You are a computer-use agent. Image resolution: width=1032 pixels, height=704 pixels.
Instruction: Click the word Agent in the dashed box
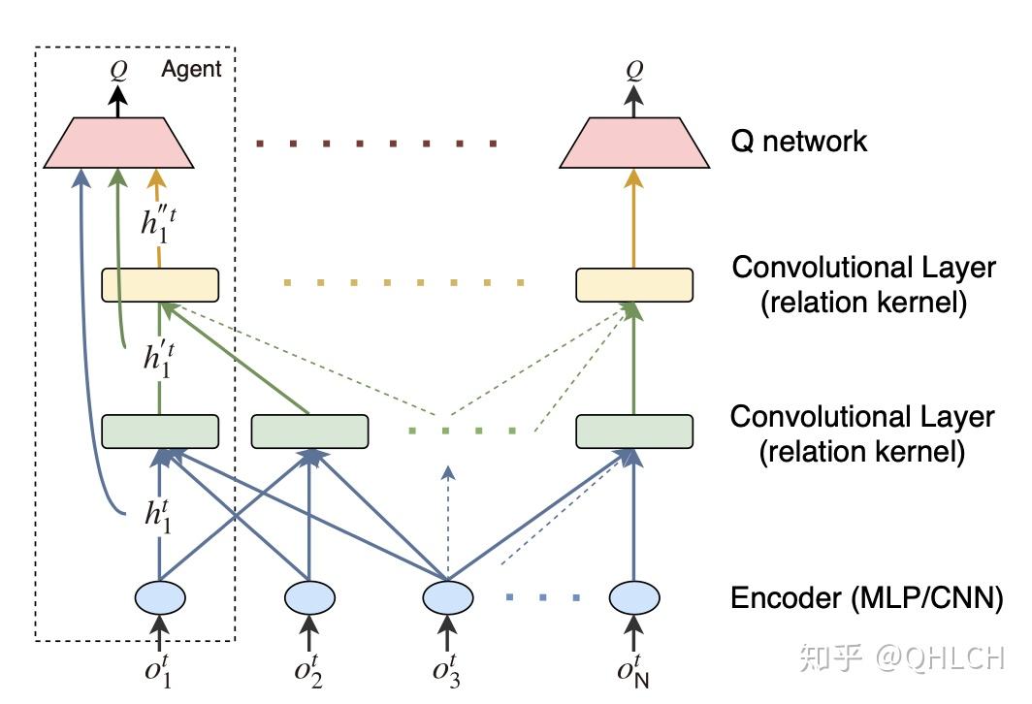(191, 70)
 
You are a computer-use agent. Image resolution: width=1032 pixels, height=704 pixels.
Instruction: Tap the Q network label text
(798, 142)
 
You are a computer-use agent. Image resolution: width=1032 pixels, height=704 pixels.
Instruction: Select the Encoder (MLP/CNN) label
(867, 598)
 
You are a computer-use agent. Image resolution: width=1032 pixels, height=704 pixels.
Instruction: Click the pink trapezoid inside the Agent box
(118, 143)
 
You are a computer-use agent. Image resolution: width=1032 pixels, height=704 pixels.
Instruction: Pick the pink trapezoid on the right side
(634, 143)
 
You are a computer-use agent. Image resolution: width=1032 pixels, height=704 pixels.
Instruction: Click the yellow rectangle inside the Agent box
(160, 285)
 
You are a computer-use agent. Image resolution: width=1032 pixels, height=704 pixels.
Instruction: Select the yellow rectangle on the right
(634, 285)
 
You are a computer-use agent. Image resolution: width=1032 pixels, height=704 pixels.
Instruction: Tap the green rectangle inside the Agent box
(160, 432)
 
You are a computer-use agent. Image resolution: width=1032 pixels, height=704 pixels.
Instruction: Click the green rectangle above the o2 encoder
(310, 432)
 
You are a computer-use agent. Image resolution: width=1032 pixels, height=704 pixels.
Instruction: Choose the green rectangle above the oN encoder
(634, 432)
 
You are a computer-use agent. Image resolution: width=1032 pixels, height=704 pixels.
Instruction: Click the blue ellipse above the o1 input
(160, 597)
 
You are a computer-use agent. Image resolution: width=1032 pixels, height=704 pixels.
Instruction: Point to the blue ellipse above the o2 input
(310, 597)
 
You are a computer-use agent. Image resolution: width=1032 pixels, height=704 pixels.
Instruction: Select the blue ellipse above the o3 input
(447, 597)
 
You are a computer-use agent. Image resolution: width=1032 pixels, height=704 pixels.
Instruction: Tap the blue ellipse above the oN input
(634, 597)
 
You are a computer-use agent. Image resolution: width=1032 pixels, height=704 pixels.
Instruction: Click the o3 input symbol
(446, 670)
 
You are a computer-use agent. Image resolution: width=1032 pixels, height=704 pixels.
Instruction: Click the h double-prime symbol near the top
(159, 223)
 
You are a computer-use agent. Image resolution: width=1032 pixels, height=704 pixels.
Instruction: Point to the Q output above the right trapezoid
(634, 69)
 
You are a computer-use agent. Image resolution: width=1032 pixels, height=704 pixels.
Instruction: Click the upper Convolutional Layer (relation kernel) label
(863, 285)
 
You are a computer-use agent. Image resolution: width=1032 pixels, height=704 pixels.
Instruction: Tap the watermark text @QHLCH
(940, 658)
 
